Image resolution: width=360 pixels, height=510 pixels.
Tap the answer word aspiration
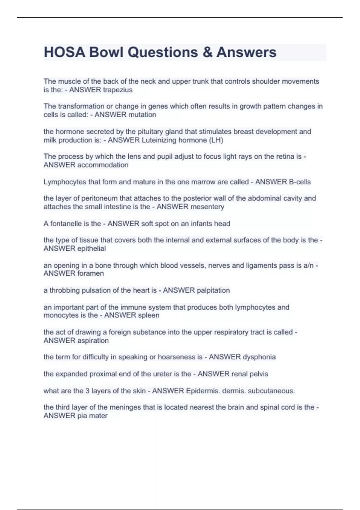pos(93,341)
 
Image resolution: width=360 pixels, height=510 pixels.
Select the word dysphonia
pos(259,357)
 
